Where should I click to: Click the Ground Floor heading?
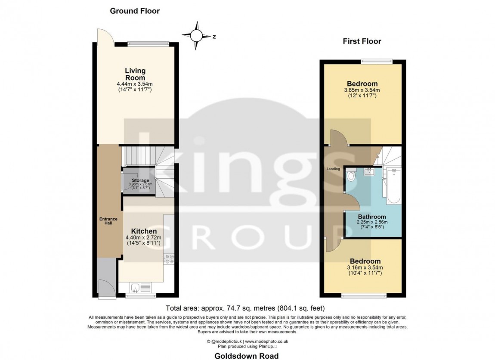click(x=135, y=11)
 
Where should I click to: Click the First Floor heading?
click(x=362, y=41)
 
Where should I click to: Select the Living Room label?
click(x=135, y=74)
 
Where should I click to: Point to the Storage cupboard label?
click(x=140, y=180)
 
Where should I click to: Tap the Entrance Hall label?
click(x=108, y=221)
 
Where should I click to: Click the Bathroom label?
click(x=372, y=217)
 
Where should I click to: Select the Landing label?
click(x=333, y=169)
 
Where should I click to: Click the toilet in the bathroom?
click(x=351, y=175)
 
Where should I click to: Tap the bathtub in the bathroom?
click(x=393, y=186)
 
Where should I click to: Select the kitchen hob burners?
click(x=169, y=259)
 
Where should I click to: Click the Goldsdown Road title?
click(x=247, y=356)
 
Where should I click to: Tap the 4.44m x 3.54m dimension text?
click(x=135, y=84)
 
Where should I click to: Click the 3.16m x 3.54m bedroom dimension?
click(x=365, y=267)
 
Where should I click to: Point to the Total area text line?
click(x=245, y=308)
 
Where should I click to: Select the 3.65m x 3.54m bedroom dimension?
click(x=362, y=90)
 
